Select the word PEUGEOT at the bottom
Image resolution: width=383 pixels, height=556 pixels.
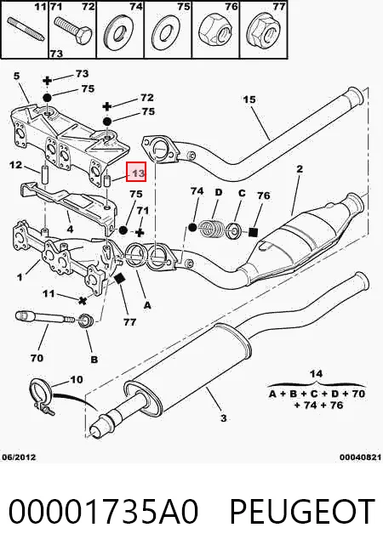(x=302, y=511)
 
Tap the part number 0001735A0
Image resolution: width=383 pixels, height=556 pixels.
(x=103, y=511)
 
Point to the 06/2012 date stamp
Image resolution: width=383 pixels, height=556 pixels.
(x=19, y=457)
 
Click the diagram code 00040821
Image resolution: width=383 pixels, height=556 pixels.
(x=360, y=457)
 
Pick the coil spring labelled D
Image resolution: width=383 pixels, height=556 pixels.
(x=211, y=229)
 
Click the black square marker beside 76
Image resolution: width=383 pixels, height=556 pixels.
(x=253, y=232)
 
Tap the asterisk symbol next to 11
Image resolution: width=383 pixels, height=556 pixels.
(x=83, y=301)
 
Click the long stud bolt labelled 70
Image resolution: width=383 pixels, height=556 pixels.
(x=45, y=317)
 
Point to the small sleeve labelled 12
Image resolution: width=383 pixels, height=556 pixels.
(x=44, y=174)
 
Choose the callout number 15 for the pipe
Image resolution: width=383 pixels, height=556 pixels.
(x=249, y=99)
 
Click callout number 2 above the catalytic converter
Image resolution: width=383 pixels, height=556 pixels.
(x=300, y=169)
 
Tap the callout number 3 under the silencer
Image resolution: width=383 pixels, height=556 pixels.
(x=223, y=418)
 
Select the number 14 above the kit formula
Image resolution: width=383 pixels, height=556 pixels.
(x=316, y=373)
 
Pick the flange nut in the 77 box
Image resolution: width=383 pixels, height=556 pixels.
(x=264, y=32)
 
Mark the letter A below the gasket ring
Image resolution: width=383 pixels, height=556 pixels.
(x=147, y=305)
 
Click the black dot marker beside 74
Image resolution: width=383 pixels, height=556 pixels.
(x=192, y=227)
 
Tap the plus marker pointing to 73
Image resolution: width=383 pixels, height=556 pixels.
(x=47, y=81)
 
